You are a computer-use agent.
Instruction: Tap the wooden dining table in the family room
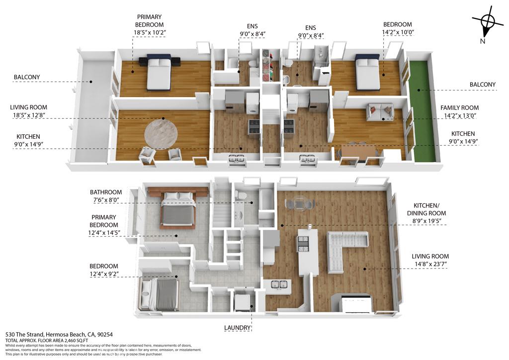359,150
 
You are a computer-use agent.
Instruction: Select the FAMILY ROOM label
459,108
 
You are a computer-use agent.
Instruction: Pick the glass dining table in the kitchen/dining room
299,203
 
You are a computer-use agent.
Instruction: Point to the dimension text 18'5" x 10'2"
149,32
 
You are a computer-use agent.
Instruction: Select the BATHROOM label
106,192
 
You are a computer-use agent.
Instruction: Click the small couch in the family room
380,111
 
